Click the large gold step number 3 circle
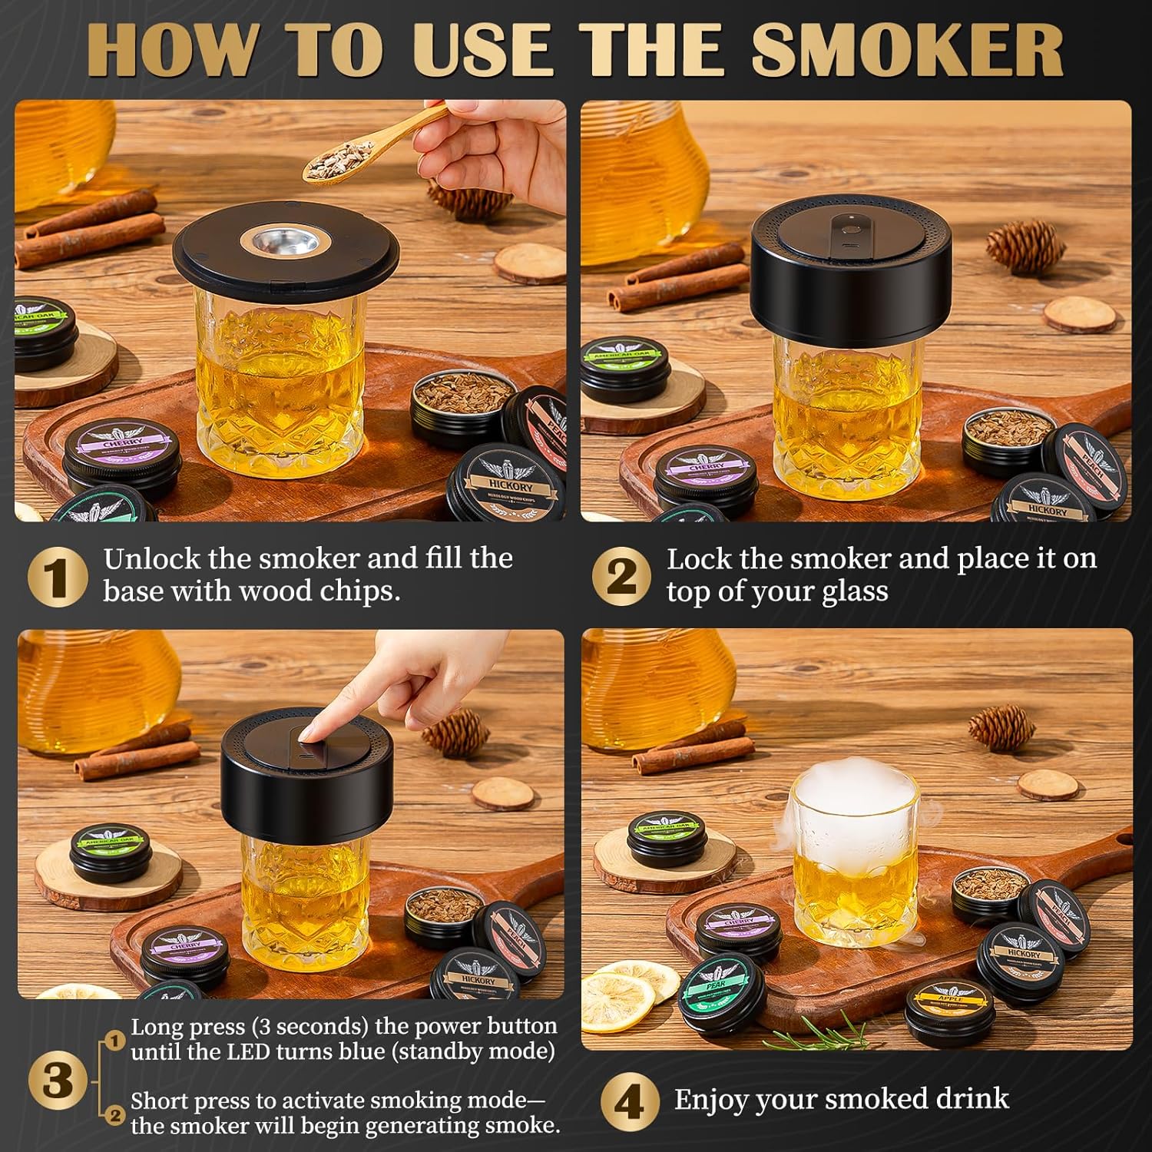click(x=56, y=1081)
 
